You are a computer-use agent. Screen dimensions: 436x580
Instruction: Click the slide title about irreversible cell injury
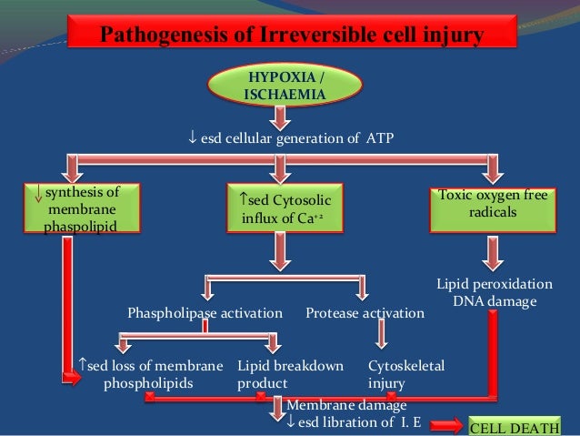click(x=290, y=36)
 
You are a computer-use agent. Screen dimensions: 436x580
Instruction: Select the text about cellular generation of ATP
click(x=290, y=138)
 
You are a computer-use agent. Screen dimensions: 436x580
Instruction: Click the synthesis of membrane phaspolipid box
click(x=81, y=208)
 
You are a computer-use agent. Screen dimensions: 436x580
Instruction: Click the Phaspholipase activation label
click(x=205, y=313)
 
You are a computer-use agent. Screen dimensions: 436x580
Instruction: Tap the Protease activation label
click(x=365, y=313)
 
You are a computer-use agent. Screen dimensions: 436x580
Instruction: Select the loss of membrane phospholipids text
click(x=151, y=374)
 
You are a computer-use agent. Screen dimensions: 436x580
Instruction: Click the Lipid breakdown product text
click(x=290, y=374)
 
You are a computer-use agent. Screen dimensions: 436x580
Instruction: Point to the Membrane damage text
click(x=346, y=405)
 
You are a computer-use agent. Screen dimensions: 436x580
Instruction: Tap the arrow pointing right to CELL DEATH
click(x=446, y=425)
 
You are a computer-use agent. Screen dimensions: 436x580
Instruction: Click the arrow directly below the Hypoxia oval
click(x=282, y=117)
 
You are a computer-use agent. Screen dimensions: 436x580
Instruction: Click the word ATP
click(x=380, y=138)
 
